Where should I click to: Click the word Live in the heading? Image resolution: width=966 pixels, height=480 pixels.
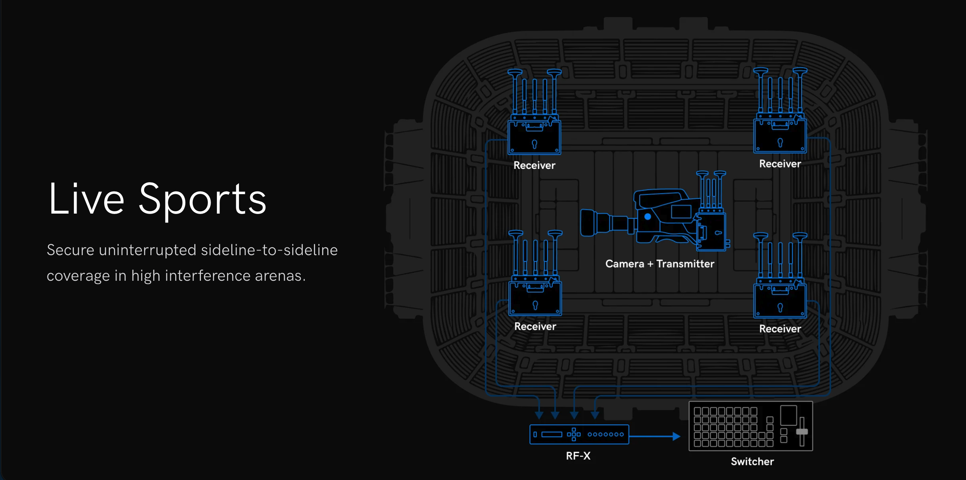coord(86,199)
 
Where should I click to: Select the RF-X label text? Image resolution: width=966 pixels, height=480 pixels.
coord(578,456)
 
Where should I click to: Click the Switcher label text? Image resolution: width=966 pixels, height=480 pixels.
coord(752,462)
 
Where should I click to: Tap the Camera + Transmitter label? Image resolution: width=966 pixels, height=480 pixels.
coord(660,264)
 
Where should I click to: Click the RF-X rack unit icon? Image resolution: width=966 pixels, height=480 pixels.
coord(579,435)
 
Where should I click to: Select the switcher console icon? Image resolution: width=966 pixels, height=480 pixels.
coord(750,426)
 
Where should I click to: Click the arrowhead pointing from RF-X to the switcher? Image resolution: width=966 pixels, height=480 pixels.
coord(677,437)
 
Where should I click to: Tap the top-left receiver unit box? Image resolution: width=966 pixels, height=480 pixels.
coord(534,138)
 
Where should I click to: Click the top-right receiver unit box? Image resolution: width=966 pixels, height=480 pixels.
coord(780,136)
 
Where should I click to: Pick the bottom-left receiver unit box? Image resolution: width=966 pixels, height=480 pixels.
coord(535,299)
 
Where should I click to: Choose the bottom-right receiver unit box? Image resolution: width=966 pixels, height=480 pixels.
coord(780,301)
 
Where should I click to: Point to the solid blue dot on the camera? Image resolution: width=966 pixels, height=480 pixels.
coord(648,217)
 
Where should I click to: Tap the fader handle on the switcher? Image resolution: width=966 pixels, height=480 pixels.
coord(802,432)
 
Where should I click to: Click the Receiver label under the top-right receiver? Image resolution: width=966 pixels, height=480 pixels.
coord(780,164)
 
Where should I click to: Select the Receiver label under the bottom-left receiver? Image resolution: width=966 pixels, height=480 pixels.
coord(535,327)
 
